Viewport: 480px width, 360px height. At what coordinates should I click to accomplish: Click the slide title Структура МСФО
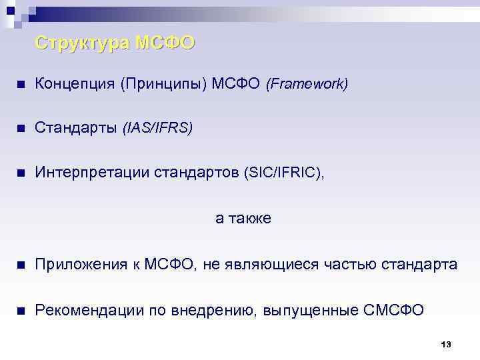click(115, 43)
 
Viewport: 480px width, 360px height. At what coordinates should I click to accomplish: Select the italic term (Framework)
click(307, 85)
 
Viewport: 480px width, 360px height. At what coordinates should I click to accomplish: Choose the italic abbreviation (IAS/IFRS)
click(157, 128)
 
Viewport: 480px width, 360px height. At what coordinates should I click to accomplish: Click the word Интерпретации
click(82, 173)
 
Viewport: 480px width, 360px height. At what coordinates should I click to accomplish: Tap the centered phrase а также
click(243, 218)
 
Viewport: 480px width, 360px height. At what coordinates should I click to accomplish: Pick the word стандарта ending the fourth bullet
click(419, 265)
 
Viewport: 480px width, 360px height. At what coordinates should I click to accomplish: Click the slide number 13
click(446, 344)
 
